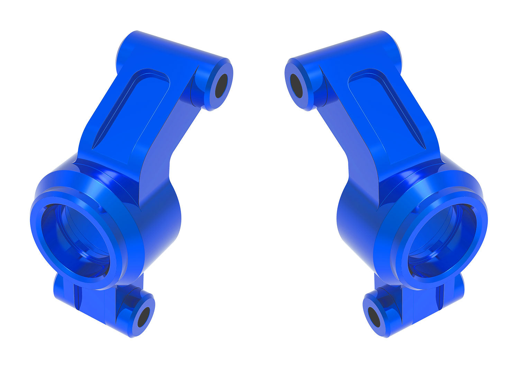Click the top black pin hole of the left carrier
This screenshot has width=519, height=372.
221,85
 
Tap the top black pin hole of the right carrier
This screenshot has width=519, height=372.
297,85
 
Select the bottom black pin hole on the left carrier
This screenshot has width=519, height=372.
143,317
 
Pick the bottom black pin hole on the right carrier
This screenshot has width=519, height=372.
374,317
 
